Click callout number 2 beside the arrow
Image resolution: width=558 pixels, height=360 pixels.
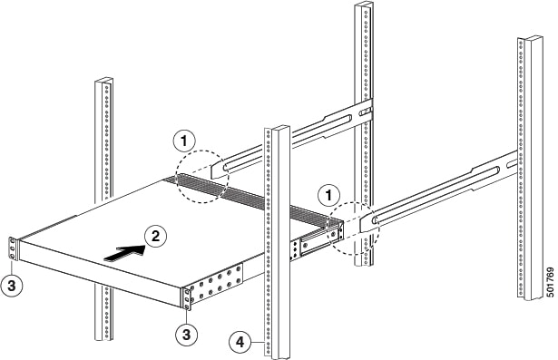155,236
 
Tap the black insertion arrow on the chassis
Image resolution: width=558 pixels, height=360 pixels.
123,254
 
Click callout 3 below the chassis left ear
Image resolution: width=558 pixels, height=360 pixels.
13,282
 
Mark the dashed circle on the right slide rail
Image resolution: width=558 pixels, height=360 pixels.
354,230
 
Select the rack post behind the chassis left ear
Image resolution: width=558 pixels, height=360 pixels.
103,136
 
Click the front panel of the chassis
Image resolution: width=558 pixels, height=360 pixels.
100,273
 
